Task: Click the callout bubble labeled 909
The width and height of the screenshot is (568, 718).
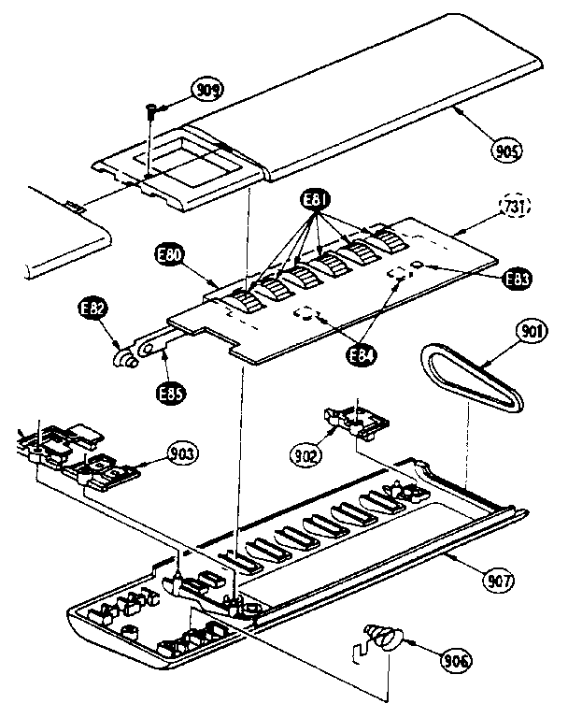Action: click(x=207, y=91)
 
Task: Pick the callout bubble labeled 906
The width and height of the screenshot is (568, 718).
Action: click(x=458, y=662)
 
